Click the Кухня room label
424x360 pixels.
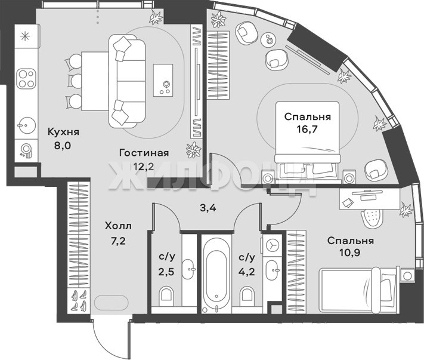(x=64, y=132)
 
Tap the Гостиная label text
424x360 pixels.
(x=144, y=153)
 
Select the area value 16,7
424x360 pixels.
(x=307, y=130)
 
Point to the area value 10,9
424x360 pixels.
(x=350, y=253)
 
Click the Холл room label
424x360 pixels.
(x=118, y=226)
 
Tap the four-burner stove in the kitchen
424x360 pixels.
(x=26, y=79)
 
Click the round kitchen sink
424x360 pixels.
(x=26, y=125)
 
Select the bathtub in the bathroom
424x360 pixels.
(x=216, y=274)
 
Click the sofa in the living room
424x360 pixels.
(x=127, y=81)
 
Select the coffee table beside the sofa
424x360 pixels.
(x=163, y=80)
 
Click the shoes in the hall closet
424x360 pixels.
(x=79, y=300)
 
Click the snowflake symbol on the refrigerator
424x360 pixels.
(x=25, y=36)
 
